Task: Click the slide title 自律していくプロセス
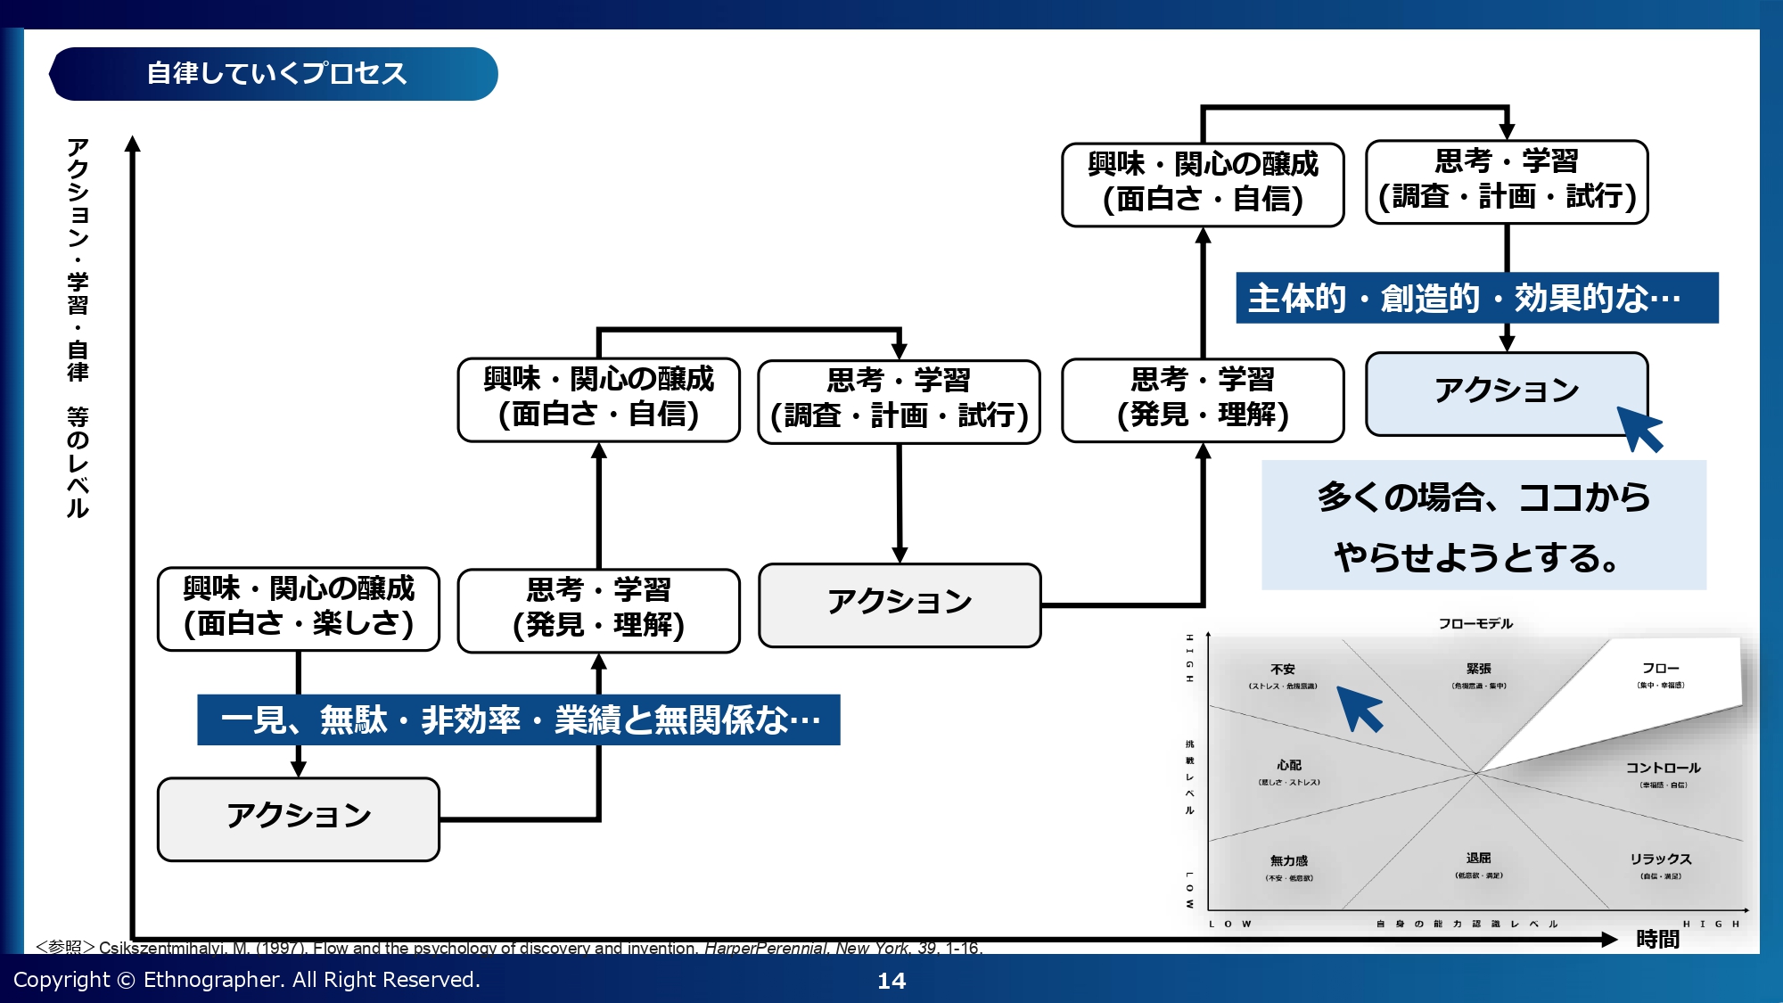[275, 73]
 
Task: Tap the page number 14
[891, 981]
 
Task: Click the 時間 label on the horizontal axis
[1657, 939]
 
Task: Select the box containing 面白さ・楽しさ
[299, 609]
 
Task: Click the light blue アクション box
[1506, 392]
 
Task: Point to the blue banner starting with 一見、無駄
[518, 719]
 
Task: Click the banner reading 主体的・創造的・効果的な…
[1476, 298]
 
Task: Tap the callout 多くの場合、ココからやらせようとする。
[1483, 526]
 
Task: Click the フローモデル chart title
[1475, 623]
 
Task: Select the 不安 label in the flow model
[1283, 670]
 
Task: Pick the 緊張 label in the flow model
[1478, 669]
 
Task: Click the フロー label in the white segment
[1660, 668]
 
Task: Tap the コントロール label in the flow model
[1663, 768]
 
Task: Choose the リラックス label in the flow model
[1660, 859]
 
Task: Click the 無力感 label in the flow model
[1289, 860]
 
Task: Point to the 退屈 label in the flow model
[1478, 858]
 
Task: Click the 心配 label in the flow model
[1289, 765]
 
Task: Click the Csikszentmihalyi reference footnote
[508, 948]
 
